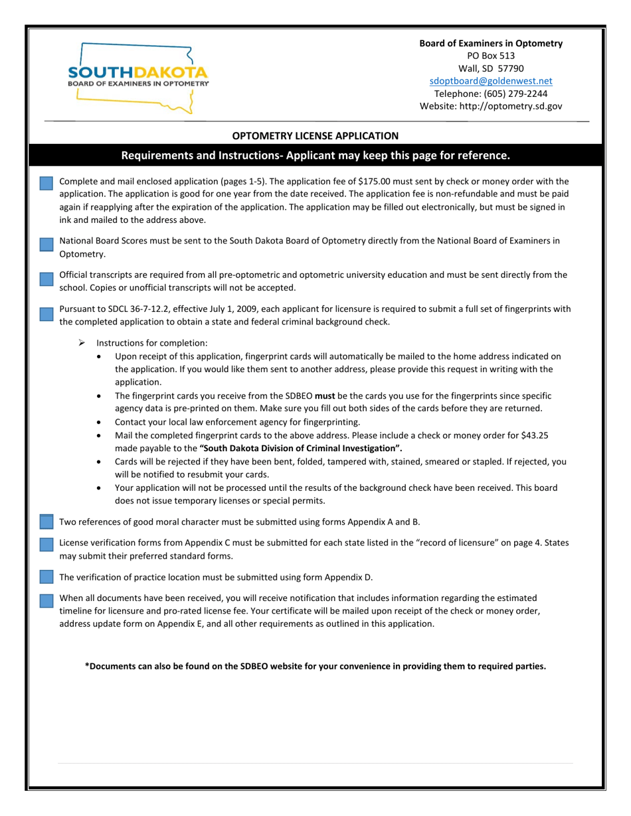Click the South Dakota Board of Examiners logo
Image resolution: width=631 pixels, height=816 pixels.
(138, 77)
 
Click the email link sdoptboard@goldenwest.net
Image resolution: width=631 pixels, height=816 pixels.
(490, 81)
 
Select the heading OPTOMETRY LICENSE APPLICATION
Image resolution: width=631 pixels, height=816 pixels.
(315, 136)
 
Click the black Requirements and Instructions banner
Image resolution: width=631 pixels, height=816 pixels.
(315, 156)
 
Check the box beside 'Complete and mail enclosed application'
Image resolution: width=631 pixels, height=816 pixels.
(46, 184)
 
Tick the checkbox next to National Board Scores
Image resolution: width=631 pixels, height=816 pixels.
(46, 244)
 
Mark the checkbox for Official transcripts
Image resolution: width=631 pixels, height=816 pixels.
(46, 279)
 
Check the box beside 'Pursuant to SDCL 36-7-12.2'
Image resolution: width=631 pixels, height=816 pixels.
(46, 314)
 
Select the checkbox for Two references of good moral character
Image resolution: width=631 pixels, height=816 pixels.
(46, 521)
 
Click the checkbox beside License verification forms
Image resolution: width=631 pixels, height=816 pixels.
(46, 545)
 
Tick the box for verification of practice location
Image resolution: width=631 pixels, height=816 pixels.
(46, 577)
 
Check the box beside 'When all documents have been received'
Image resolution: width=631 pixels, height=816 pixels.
(46, 600)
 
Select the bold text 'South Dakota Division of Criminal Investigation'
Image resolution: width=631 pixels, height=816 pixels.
(300, 448)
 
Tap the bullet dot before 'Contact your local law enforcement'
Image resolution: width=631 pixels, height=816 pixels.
(100, 422)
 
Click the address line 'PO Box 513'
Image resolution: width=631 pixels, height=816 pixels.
(490, 56)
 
